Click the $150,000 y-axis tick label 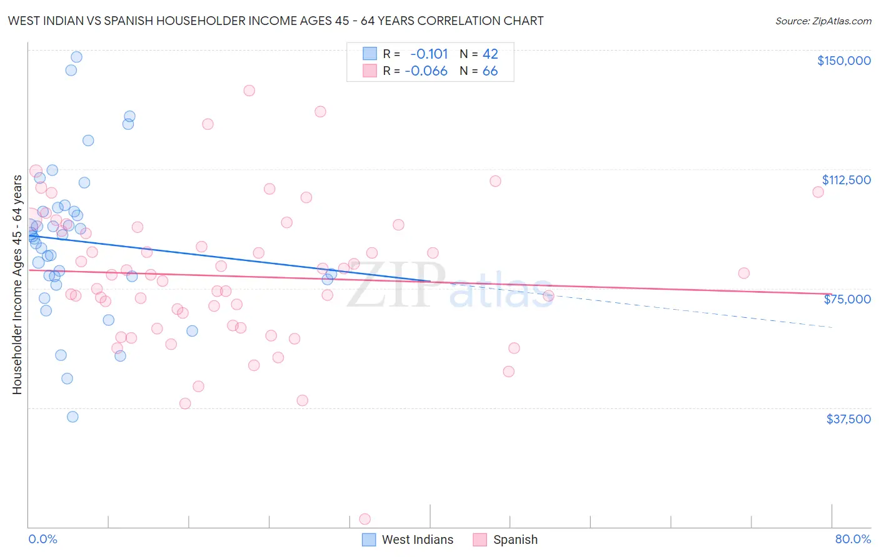843,61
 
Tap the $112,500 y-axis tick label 846,180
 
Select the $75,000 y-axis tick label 847,299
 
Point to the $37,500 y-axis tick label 848,419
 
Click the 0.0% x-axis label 43,539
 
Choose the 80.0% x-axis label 853,539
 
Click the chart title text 276,21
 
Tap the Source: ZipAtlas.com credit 823,21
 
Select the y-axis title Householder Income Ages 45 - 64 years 17,285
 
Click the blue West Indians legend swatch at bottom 369,540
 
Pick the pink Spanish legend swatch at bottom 480,540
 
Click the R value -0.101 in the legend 429,54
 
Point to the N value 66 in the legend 490,71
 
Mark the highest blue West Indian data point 76,57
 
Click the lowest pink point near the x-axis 365,519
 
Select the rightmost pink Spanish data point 818,192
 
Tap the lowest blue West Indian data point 73,417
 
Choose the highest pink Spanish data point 249,91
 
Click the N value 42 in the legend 490,54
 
